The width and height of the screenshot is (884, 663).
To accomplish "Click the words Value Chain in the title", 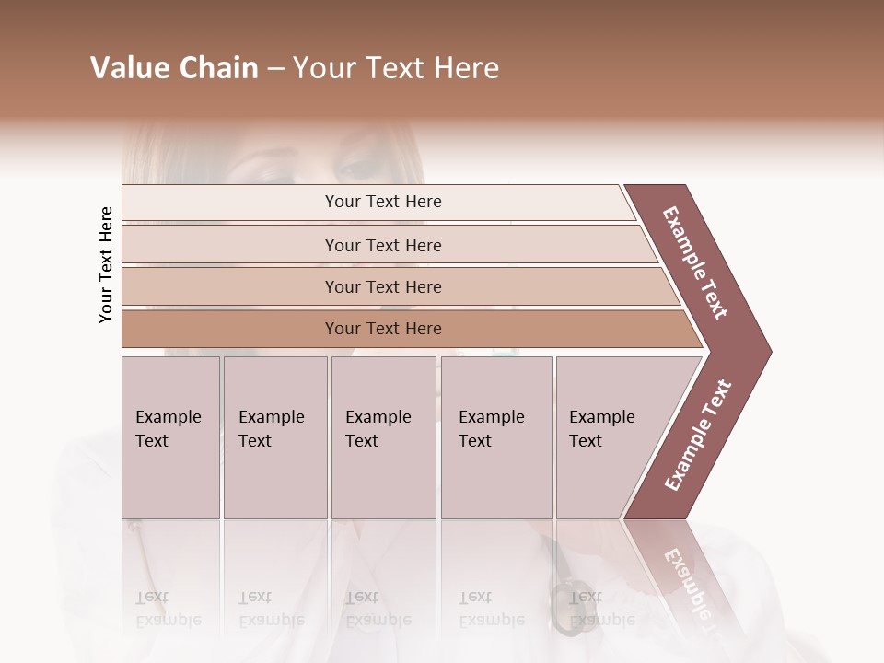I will pyautogui.click(x=174, y=68).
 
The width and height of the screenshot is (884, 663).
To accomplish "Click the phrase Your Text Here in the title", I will pyautogui.click(x=396, y=68).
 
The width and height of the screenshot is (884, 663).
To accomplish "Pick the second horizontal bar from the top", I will pyautogui.click(x=383, y=245).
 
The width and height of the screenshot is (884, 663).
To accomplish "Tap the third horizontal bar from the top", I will pyautogui.click(x=383, y=286).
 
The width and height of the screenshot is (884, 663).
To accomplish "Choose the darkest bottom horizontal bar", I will pyautogui.click(x=383, y=329).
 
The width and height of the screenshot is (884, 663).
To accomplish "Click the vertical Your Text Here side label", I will pyautogui.click(x=106, y=264).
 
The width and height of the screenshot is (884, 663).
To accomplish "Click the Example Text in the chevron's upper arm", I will pyautogui.click(x=696, y=263).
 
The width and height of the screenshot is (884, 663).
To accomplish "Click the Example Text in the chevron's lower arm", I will pyautogui.click(x=698, y=436).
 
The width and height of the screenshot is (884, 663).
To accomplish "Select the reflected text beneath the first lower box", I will pyautogui.click(x=169, y=609).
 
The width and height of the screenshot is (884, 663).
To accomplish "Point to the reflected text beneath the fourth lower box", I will pyautogui.click(x=491, y=609).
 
